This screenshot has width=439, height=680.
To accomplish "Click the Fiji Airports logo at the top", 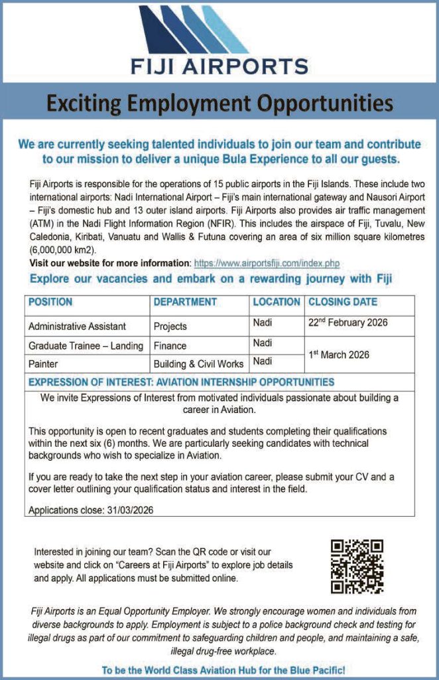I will point(219,40).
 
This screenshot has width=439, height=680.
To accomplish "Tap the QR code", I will point(357,566).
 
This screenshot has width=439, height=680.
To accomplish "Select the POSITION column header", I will point(50,302).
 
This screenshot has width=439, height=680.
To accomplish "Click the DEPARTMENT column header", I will point(185,302).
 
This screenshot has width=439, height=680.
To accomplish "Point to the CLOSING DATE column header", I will point(342,302).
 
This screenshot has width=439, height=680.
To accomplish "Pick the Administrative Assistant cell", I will point(77,326).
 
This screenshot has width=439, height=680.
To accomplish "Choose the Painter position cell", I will point(43,364).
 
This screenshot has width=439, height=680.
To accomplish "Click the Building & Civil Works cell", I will point(199,364).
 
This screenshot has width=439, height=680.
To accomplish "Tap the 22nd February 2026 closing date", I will point(347,323).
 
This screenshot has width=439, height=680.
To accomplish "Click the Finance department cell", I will point(170,345).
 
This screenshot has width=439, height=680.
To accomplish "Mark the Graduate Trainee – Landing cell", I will point(86,345).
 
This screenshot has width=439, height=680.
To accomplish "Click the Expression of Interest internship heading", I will point(181,382).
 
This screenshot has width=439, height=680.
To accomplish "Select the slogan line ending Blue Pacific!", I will point(223,670).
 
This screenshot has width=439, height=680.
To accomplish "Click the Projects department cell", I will point(170,326).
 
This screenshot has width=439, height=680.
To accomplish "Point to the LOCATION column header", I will point(276,302).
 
